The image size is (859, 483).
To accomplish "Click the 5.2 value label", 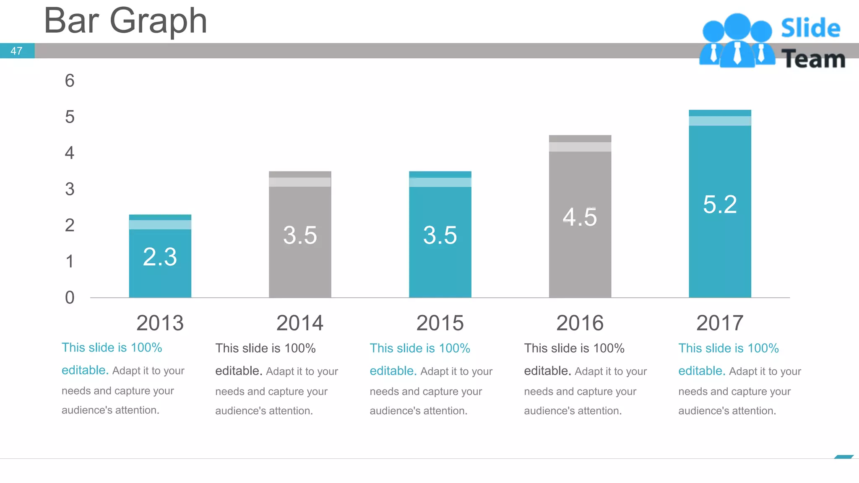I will point(720,205).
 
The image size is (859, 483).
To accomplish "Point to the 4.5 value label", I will point(580,217).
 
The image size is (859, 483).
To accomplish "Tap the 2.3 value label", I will point(160,257).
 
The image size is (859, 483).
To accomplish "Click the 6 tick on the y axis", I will point(70,80).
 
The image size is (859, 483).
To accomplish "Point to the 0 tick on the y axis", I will point(70,297).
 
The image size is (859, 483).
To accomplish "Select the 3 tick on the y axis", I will point(70,189).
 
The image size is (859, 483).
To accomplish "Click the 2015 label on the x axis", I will point(440,323).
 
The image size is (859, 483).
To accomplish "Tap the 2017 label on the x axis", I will point(720,323).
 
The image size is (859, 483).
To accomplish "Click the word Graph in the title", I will point(158,21).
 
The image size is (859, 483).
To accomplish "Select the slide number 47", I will point(16,51).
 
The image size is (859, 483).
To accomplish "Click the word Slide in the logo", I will point(810,29).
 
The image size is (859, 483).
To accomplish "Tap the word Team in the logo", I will point(813,59).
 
